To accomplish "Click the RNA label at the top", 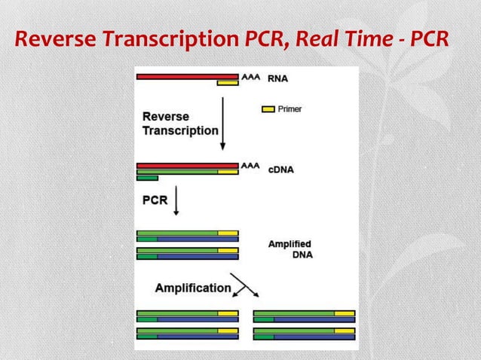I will tap(277, 77).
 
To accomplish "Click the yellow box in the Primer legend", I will tap(268, 110).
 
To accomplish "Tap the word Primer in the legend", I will tap(290, 110).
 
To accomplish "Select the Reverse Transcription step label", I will tap(179, 124).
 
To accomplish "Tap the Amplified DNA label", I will tap(290, 249).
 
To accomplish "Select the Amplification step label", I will tap(193, 288).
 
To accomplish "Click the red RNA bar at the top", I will tap(188, 76).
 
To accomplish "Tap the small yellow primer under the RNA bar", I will tap(227, 83).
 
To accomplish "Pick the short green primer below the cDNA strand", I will tap(147, 178).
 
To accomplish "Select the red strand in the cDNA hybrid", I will tap(188, 164).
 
